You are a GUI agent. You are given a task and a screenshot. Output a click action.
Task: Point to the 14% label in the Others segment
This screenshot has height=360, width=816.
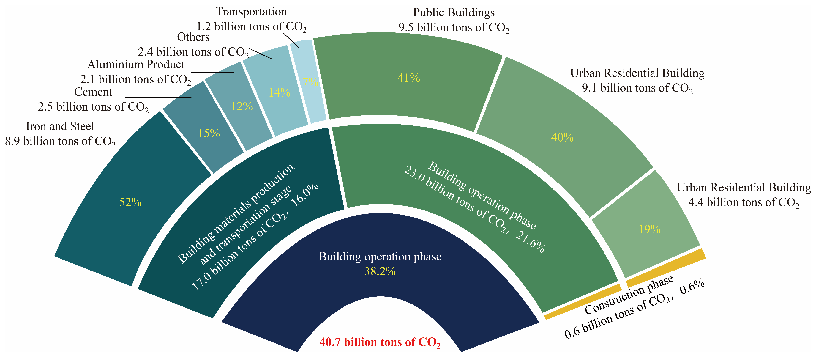click(x=279, y=92)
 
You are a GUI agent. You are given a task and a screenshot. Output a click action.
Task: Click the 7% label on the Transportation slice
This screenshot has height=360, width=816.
click(x=310, y=82)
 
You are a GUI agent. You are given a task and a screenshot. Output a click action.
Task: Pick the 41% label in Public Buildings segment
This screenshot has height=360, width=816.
click(x=409, y=78)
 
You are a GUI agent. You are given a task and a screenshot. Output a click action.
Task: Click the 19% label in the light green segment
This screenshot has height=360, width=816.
click(x=649, y=229)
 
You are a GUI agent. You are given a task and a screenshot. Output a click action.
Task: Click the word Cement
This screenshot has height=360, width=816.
click(x=93, y=92)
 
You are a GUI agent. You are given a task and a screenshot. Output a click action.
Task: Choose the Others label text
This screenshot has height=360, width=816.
click(x=193, y=37)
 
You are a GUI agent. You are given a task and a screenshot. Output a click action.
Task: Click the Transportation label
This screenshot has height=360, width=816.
click(x=251, y=12)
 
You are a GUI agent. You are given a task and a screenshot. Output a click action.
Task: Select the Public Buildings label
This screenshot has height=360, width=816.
click(x=454, y=13)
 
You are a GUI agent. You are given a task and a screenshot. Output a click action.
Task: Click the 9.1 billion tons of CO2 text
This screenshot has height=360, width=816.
click(x=637, y=88)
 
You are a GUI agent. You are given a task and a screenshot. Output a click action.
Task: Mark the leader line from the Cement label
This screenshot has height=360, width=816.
click(x=158, y=98)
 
